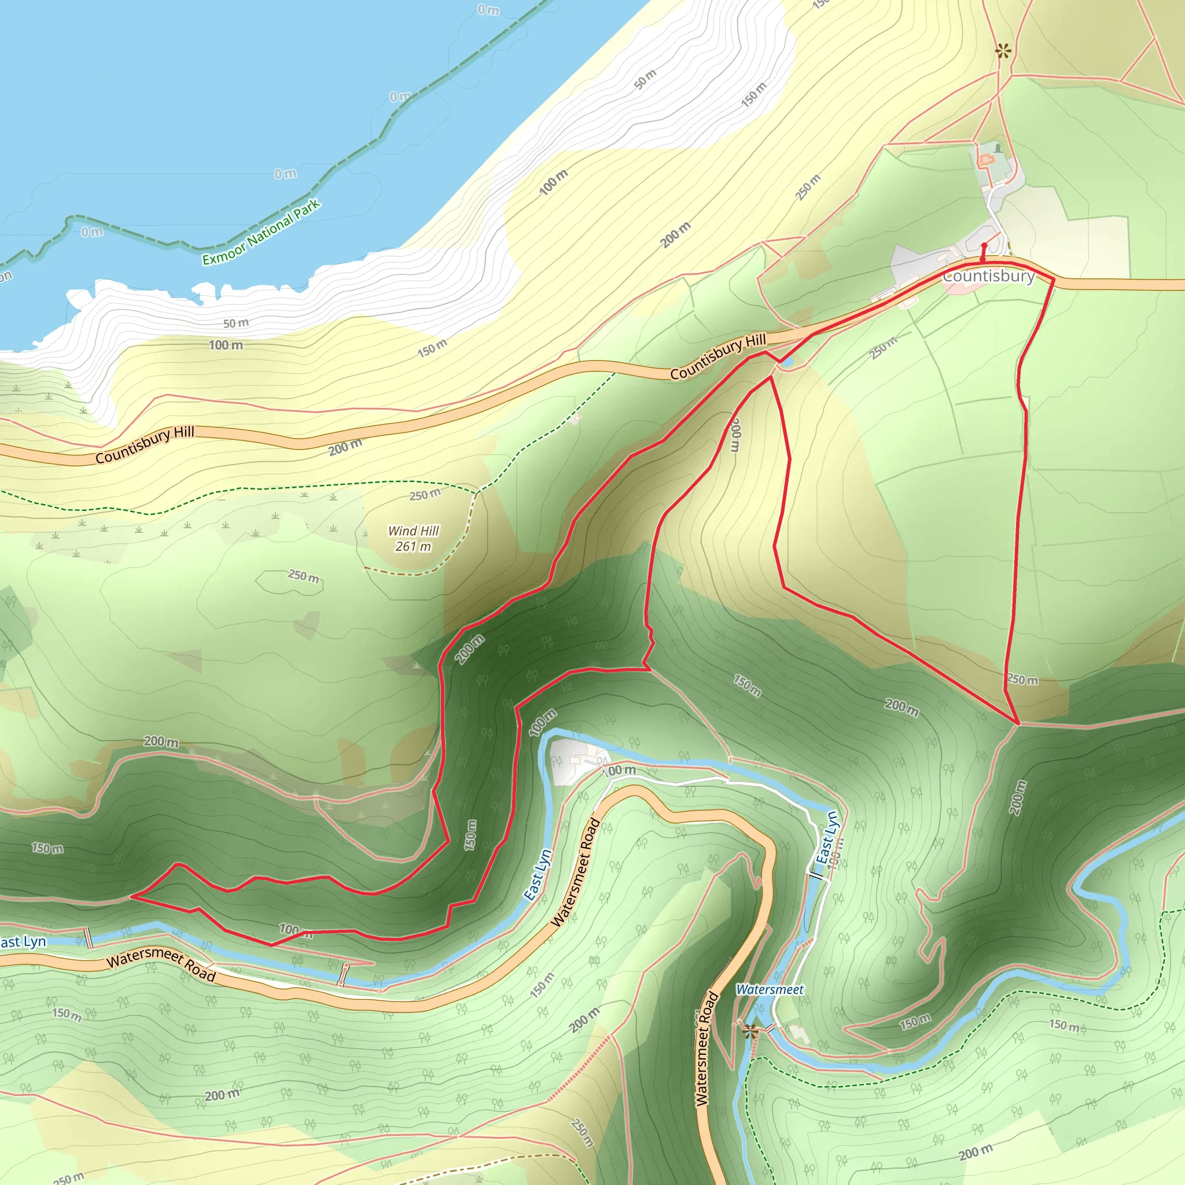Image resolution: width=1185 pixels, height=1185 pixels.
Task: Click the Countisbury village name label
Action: [x=988, y=276]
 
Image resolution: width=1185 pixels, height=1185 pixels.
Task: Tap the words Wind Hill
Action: [x=413, y=531]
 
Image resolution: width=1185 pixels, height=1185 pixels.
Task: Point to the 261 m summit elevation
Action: [x=413, y=546]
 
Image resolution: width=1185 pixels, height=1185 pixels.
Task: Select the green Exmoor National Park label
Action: [x=262, y=233]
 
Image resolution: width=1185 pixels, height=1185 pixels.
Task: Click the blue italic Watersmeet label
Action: [x=769, y=989]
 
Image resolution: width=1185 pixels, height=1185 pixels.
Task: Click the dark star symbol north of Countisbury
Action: [x=1003, y=51]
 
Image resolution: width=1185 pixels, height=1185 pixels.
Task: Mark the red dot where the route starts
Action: [x=984, y=245]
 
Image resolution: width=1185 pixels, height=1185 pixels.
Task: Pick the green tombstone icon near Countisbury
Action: [x=998, y=148]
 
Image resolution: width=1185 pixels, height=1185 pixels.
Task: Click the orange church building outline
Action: [x=985, y=160]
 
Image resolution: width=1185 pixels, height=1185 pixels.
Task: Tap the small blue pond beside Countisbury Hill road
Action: [x=786, y=363]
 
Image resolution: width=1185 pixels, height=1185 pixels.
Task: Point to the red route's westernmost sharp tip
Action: [x=131, y=897]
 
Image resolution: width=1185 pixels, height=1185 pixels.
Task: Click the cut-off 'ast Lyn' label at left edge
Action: [x=23, y=942]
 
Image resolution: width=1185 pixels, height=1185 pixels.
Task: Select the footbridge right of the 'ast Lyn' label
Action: [x=89, y=938]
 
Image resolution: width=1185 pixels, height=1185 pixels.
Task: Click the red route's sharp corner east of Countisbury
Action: [x=1054, y=279]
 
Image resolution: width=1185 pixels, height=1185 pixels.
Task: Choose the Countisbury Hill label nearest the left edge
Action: [x=145, y=445]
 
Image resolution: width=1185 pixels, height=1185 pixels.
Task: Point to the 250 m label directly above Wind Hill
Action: [x=425, y=494]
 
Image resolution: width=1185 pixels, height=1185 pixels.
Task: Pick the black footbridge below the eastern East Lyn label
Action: [x=818, y=875]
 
